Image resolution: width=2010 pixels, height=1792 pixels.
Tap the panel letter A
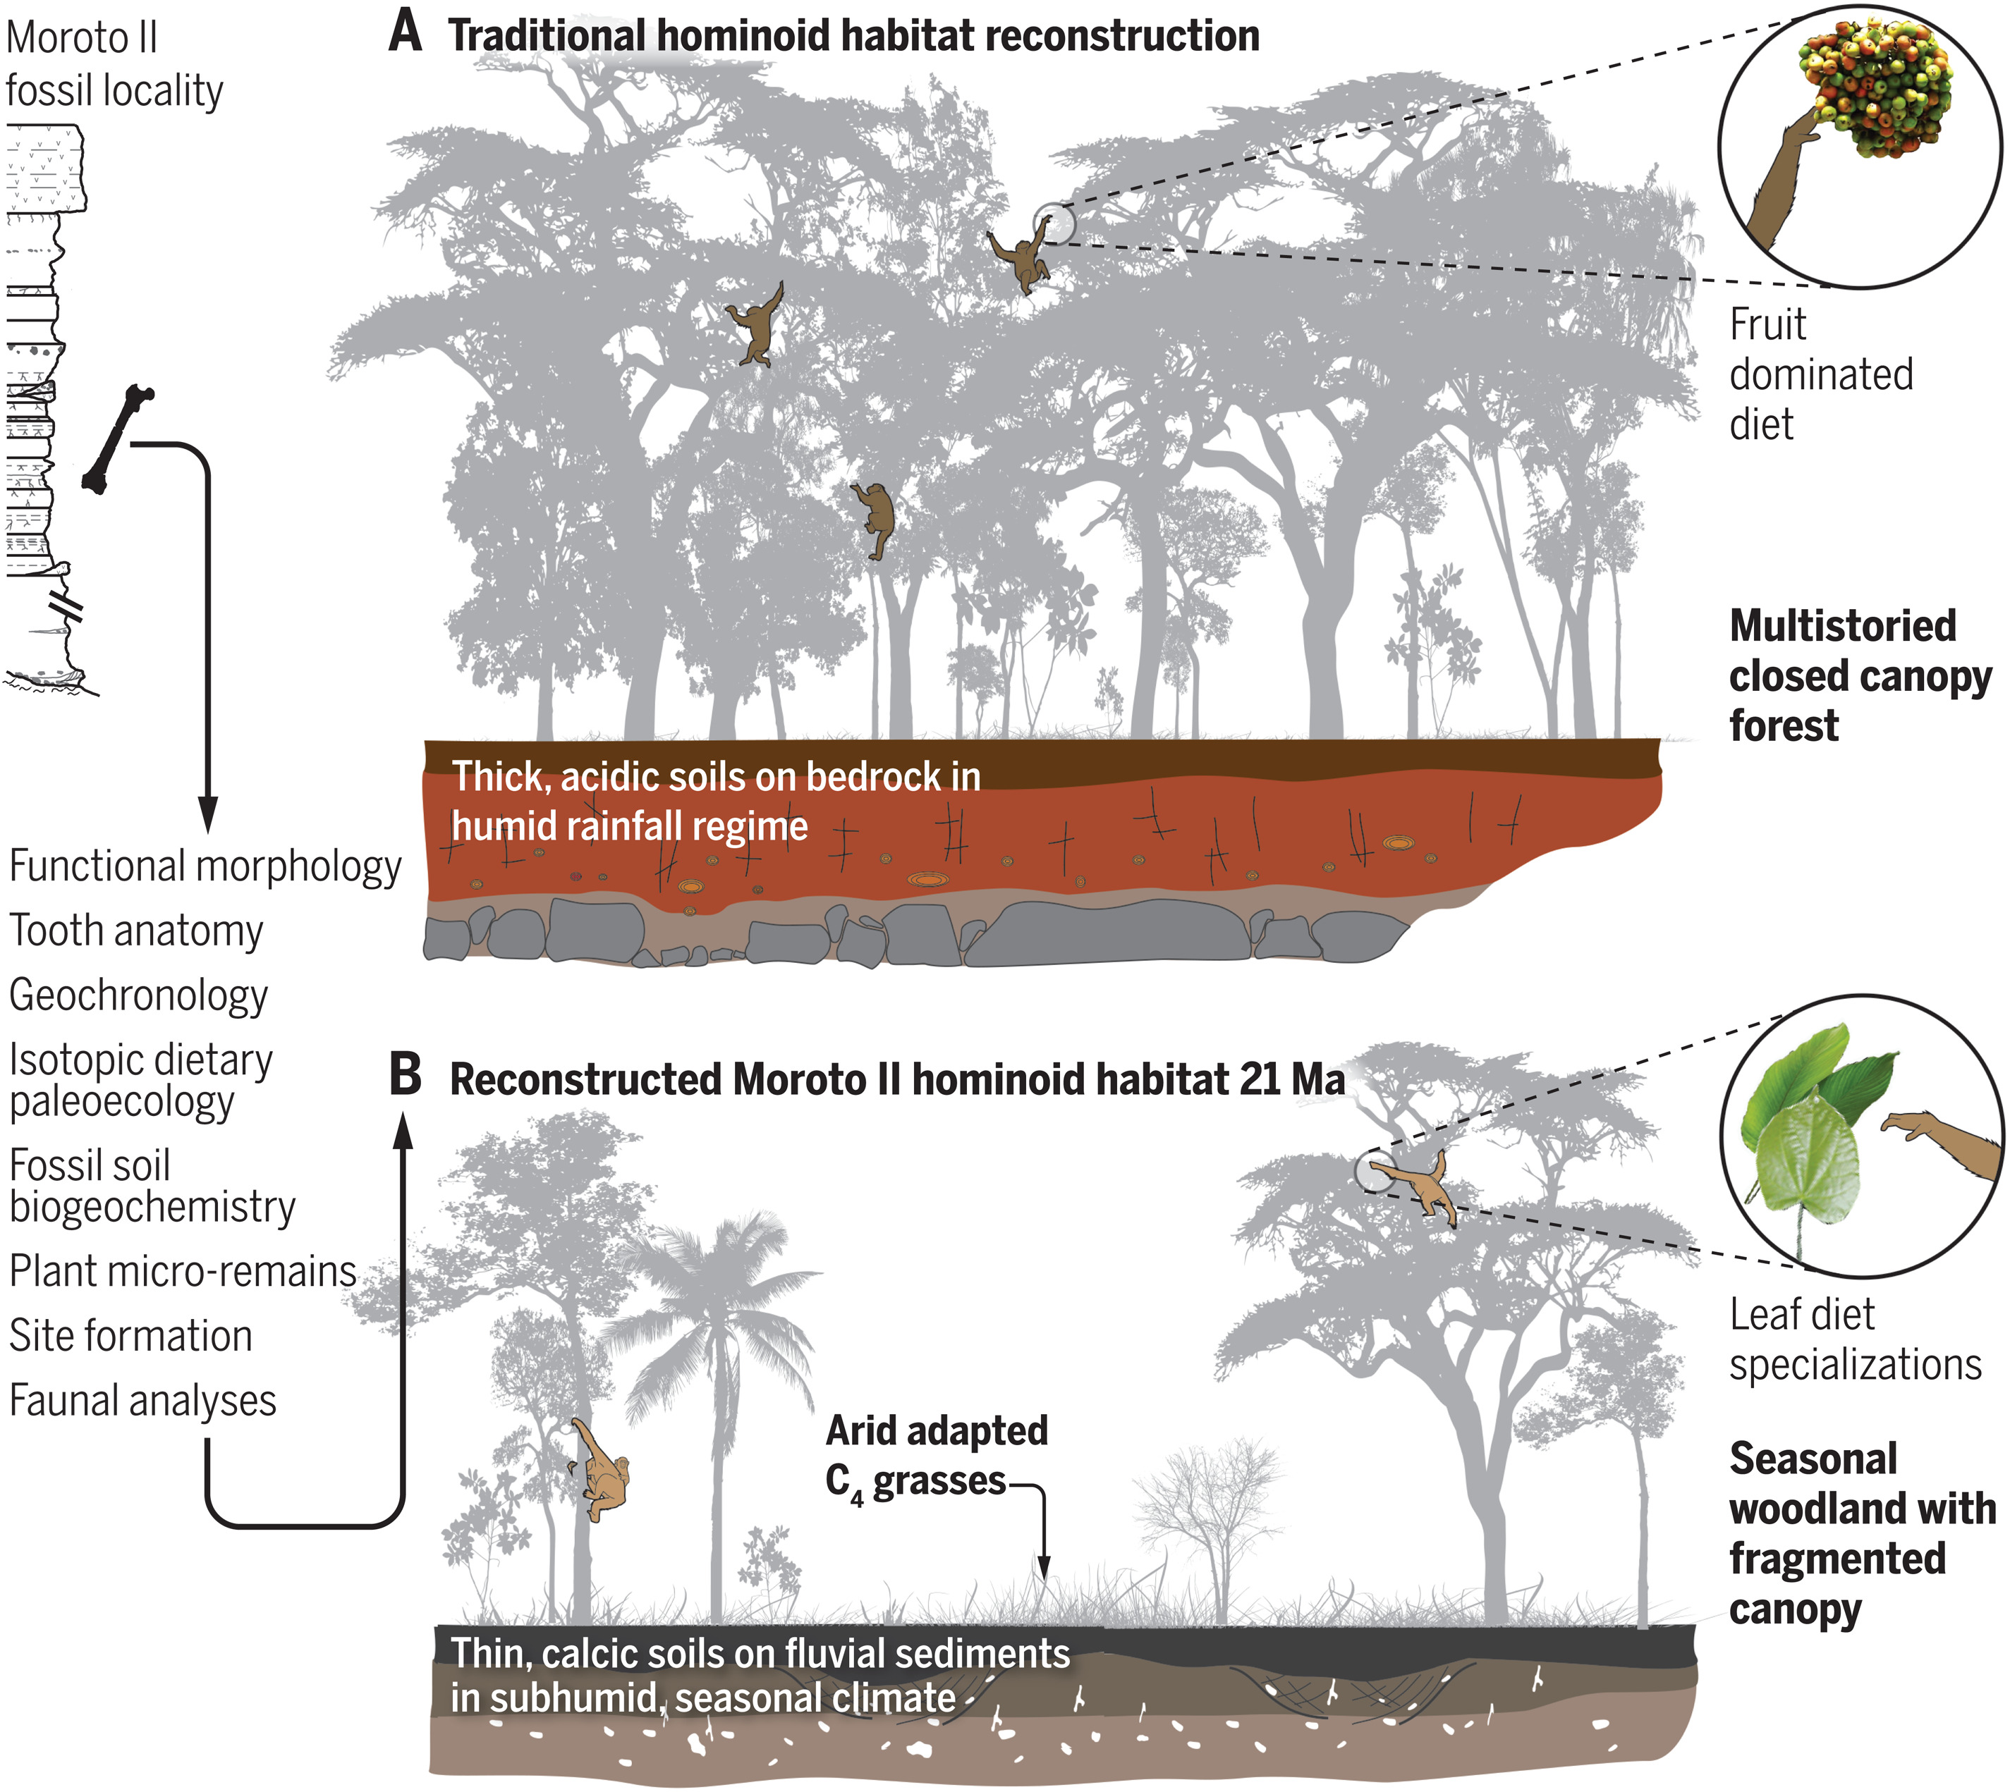pyautogui.click(x=405, y=32)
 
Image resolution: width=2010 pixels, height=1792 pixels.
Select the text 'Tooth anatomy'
pyautogui.click(x=136, y=931)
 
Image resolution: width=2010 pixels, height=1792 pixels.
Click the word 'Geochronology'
pyautogui.click(x=138, y=995)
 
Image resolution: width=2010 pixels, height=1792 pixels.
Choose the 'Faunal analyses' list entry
pyautogui.click(x=142, y=1400)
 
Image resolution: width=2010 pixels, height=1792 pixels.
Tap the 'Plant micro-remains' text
pyautogui.click(x=182, y=1271)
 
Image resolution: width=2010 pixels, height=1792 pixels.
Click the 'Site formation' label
pyautogui.click(x=131, y=1336)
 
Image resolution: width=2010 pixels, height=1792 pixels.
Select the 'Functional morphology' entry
pyautogui.click(x=205, y=866)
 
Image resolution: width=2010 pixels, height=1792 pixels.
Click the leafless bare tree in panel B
pyautogui.click(x=1217, y=1516)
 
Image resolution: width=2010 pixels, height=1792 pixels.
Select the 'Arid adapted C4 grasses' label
pyautogui.click(x=936, y=1455)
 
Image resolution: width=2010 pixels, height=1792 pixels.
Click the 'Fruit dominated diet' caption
pyautogui.click(x=1820, y=374)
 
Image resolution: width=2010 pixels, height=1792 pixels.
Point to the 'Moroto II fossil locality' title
pyautogui.click(x=114, y=64)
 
